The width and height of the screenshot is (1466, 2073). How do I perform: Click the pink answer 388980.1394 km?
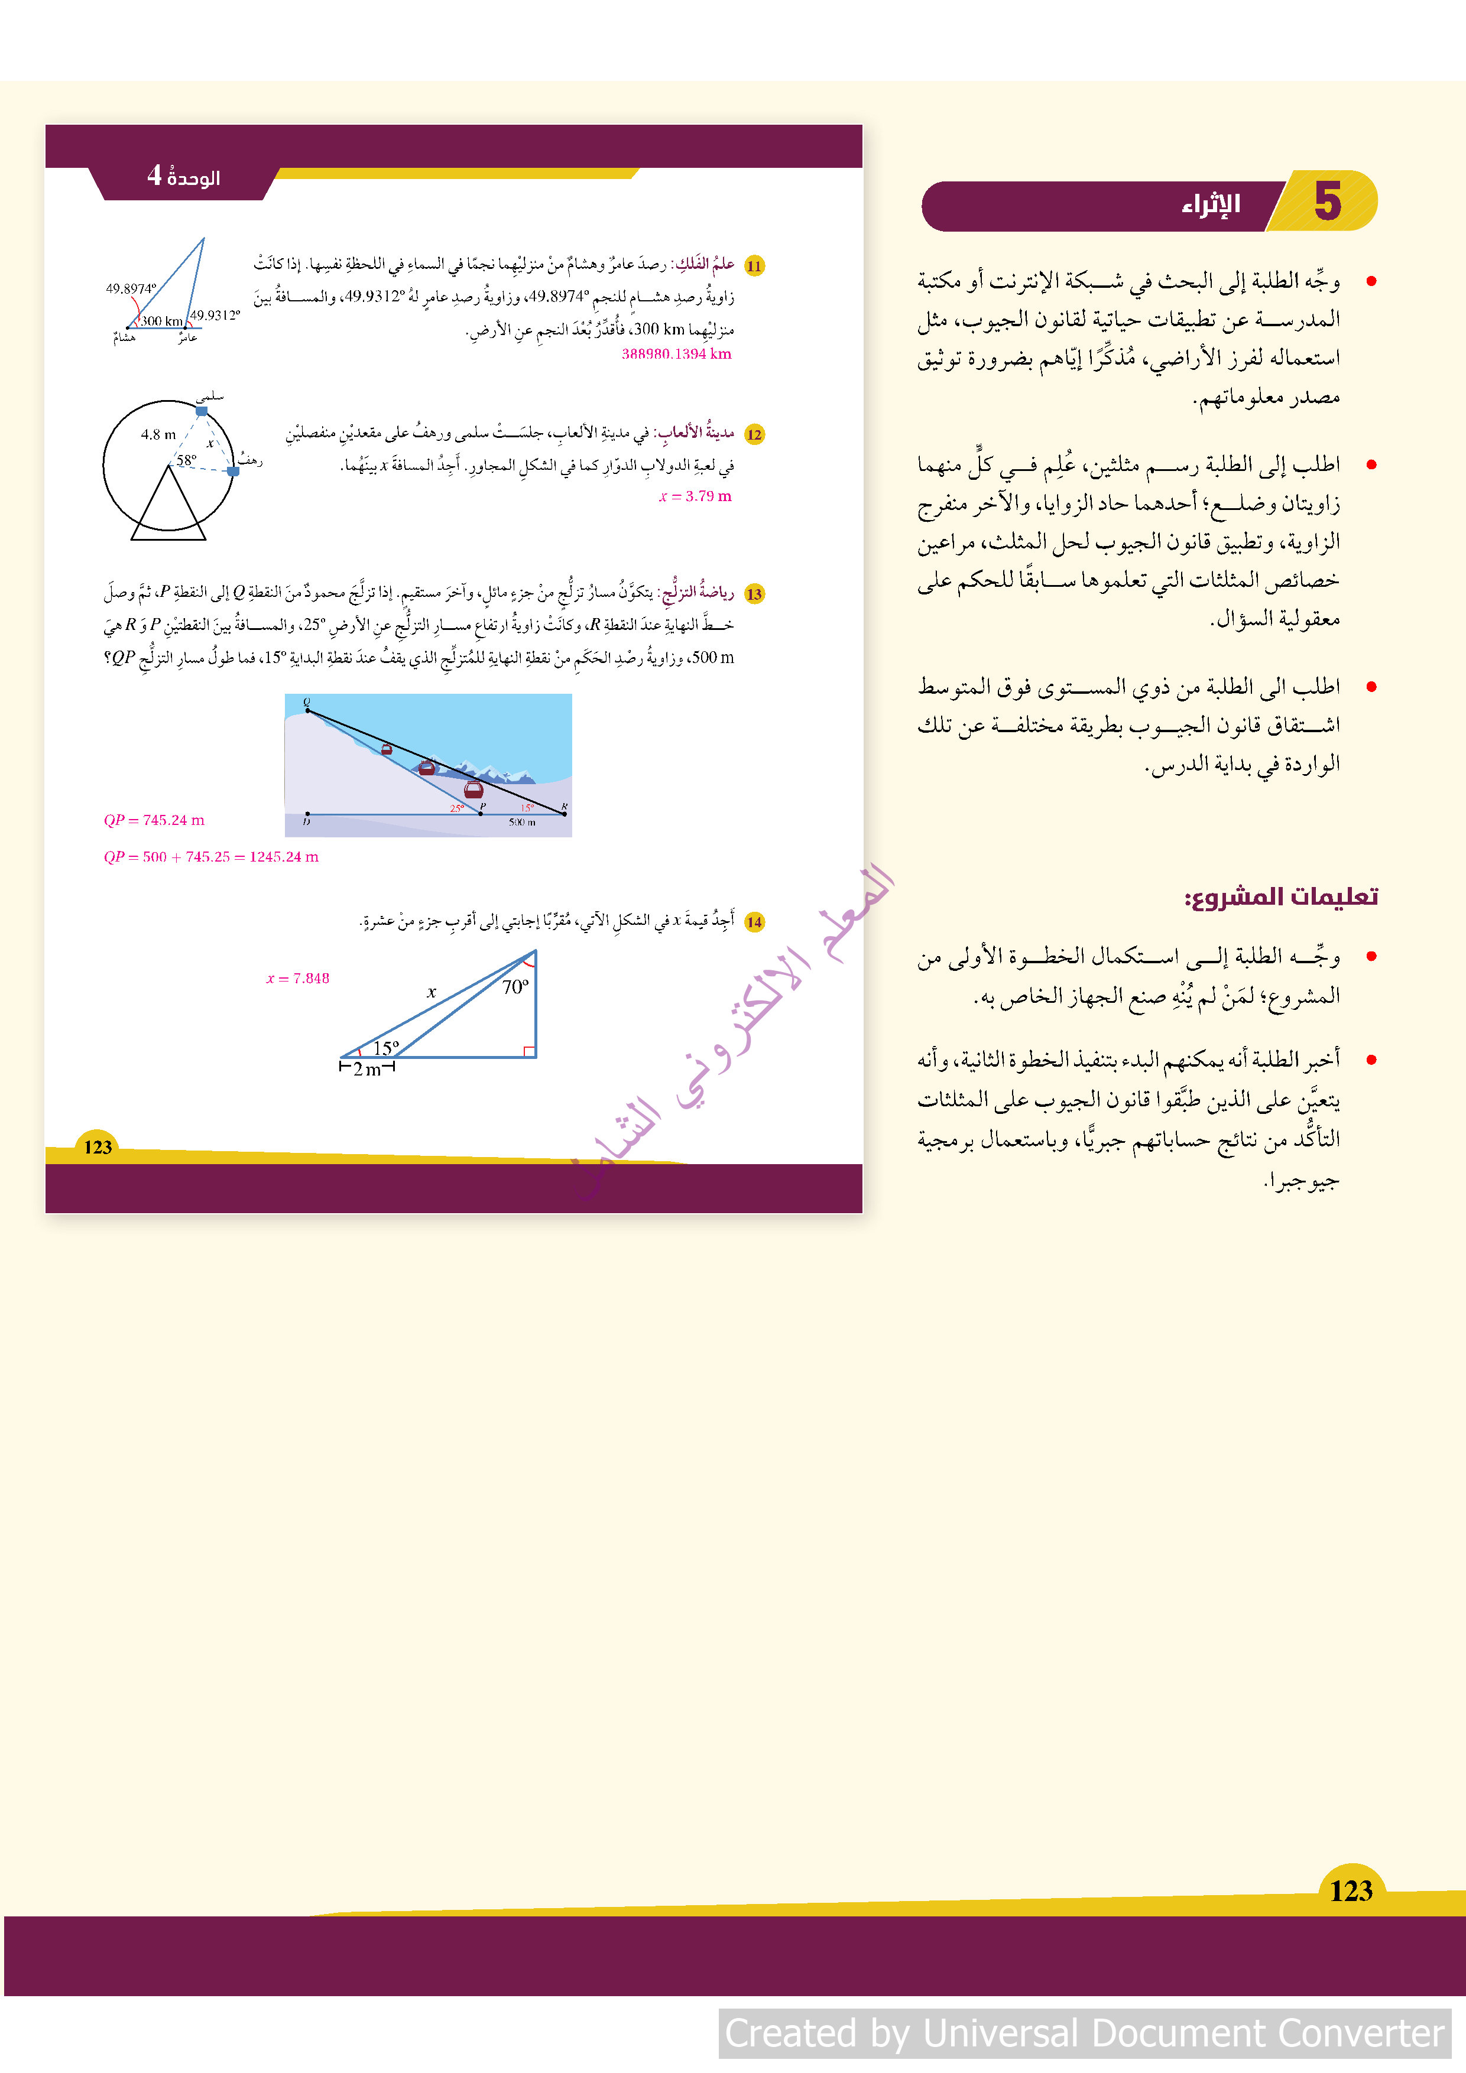676,354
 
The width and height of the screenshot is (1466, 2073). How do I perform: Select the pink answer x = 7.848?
297,978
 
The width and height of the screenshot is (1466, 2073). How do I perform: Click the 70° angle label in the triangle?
515,987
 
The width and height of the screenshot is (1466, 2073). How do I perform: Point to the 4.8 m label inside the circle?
158,434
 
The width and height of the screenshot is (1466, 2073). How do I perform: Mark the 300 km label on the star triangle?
162,320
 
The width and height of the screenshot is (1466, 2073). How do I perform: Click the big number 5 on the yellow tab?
1327,200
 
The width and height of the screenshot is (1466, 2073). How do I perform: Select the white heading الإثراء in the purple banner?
1211,205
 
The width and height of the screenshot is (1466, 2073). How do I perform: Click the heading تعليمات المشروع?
1281,896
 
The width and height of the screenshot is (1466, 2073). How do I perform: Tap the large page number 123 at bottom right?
1350,1890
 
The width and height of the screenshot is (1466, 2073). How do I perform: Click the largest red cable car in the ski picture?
473,790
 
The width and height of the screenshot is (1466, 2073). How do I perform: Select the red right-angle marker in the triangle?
529,1050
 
